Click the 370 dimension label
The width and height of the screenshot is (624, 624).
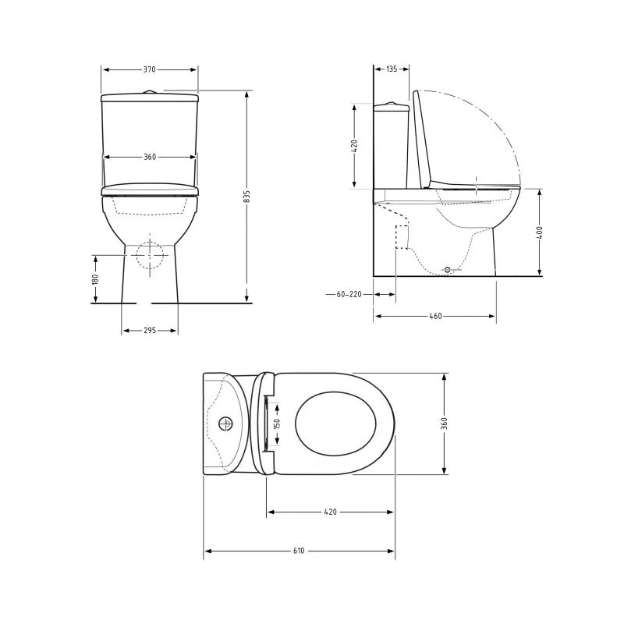149,69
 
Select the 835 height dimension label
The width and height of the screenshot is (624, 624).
246,197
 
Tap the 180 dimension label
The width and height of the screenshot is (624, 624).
95,279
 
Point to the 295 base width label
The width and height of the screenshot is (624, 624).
150,330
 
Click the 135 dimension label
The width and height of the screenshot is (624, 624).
392,69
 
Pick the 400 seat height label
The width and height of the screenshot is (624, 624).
540,232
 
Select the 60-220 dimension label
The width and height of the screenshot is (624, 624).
349,295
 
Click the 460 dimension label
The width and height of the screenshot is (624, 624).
435,316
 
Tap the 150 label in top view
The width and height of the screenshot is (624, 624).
278,424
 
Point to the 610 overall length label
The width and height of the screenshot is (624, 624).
299,551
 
